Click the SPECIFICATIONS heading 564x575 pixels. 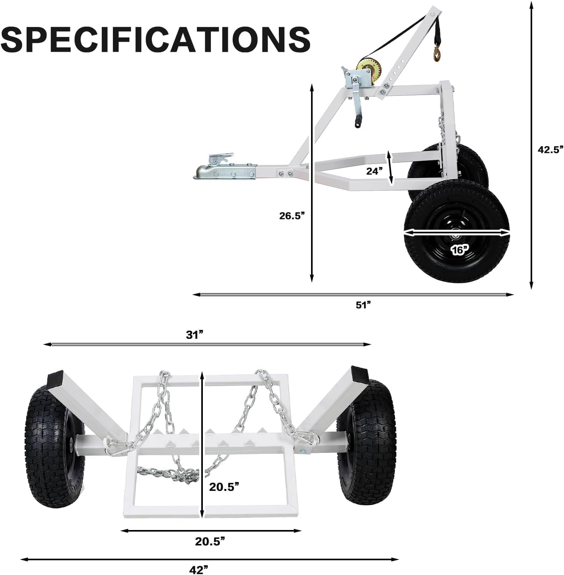click(156, 39)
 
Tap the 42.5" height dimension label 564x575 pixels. click(550, 149)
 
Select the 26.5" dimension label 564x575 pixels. click(292, 215)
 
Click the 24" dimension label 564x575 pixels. click(374, 171)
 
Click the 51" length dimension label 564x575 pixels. click(363, 305)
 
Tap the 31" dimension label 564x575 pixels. click(194, 335)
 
